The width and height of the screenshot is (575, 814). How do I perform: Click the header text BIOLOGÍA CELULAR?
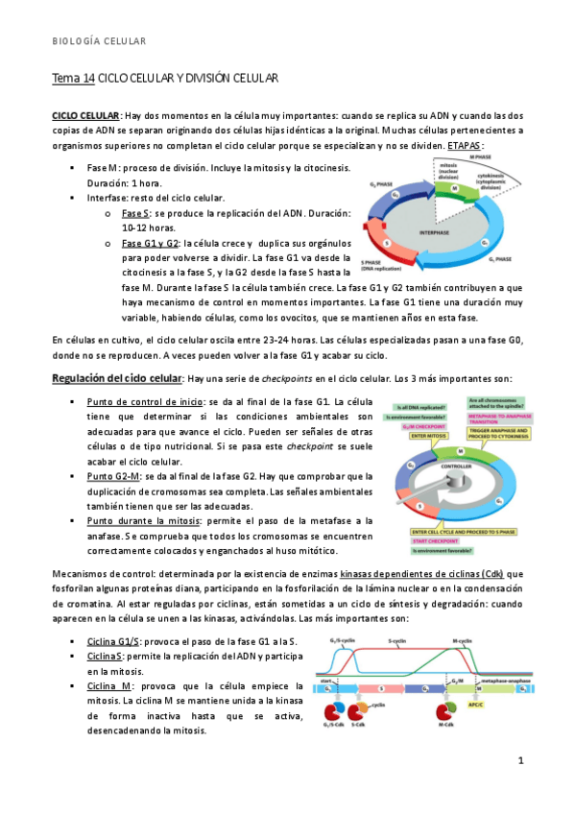(98, 41)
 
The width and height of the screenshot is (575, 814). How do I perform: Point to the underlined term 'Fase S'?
(136, 213)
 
